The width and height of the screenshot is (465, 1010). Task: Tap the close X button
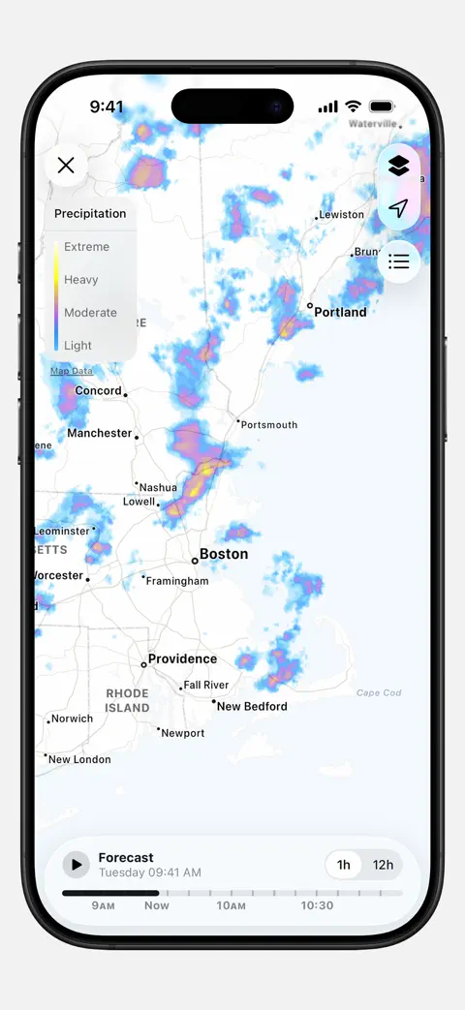(x=66, y=166)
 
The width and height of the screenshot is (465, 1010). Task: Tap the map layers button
(x=398, y=167)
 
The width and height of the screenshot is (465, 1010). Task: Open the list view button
(x=398, y=261)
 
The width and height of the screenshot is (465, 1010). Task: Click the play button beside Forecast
(x=76, y=864)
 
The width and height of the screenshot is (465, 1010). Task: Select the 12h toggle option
(x=383, y=865)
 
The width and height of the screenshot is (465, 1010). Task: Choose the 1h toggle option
(x=344, y=865)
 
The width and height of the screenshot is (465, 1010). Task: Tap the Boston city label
(x=224, y=555)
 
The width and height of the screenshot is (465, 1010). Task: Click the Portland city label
(x=340, y=312)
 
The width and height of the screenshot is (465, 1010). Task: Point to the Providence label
(x=182, y=659)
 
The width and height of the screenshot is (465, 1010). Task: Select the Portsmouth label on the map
(x=269, y=425)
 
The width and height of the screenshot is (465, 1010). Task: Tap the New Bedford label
(x=252, y=707)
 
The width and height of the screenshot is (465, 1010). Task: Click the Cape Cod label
(x=379, y=693)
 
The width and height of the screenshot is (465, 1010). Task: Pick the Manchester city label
(x=99, y=434)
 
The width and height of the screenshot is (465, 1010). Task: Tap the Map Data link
(x=72, y=371)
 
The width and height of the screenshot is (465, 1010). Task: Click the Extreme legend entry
(x=86, y=247)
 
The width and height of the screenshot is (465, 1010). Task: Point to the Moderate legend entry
(x=90, y=313)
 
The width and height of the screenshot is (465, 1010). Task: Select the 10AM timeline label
(x=231, y=906)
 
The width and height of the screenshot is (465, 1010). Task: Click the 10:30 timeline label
(x=317, y=906)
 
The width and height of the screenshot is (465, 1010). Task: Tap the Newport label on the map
(x=183, y=734)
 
